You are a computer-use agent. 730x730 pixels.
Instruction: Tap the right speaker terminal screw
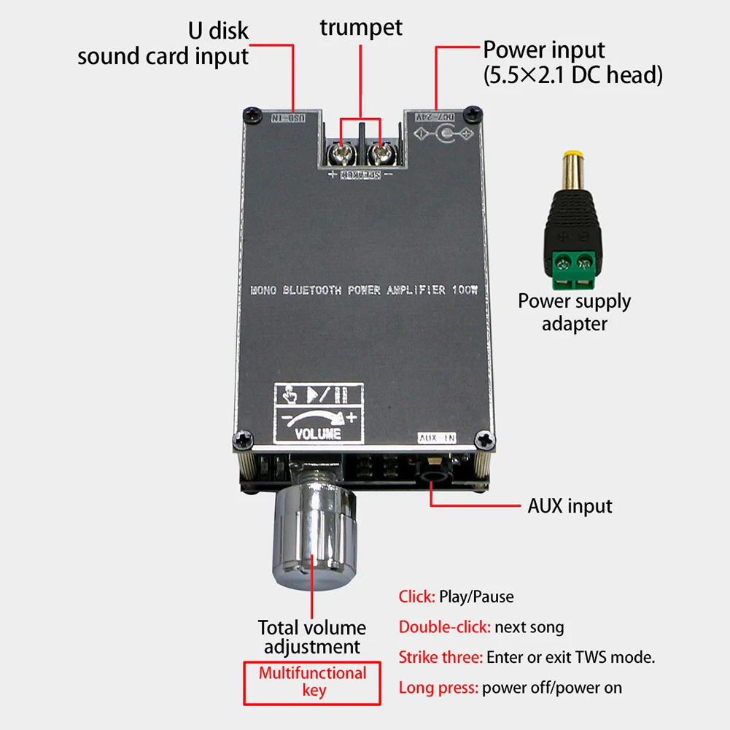tap(379, 154)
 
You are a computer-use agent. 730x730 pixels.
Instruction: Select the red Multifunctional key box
tap(312, 682)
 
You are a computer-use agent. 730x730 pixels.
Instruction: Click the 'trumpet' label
tap(361, 28)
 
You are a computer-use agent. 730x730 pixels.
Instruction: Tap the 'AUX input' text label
tap(570, 505)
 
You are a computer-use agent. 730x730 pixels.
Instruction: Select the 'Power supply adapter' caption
tap(575, 312)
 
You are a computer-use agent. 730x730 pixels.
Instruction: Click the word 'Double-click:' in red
tap(445, 626)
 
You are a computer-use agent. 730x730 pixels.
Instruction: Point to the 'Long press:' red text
tap(438, 687)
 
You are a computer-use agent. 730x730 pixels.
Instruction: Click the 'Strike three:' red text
tap(440, 657)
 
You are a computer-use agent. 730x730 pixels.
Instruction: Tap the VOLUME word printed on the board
tap(318, 433)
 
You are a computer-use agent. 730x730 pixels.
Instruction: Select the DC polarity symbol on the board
tap(443, 135)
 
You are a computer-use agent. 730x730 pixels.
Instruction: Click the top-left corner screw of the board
tap(252, 114)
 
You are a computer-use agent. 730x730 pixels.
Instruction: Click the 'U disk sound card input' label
tap(163, 44)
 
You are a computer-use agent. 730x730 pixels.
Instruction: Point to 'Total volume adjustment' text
tap(312, 637)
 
